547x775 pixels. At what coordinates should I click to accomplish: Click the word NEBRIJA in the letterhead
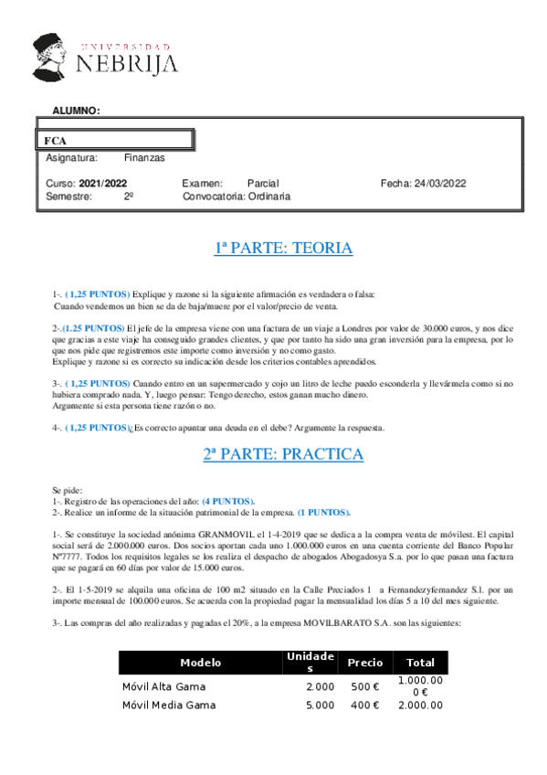coord(127,63)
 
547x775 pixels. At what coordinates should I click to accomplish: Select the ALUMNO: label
coord(76,111)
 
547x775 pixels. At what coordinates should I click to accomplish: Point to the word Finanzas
coord(144,158)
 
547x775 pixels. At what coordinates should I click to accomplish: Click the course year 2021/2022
coord(102,184)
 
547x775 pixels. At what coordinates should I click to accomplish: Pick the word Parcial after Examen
coord(263,184)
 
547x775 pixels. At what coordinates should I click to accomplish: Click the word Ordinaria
coord(269,196)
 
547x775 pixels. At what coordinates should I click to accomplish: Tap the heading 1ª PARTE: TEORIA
coord(283,248)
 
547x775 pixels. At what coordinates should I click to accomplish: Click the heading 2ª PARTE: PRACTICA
coord(283,454)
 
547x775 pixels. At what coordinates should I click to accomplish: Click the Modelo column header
coord(200,663)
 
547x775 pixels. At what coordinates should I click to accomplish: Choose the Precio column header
coord(365,663)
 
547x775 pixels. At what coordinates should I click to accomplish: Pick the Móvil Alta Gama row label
coord(163,686)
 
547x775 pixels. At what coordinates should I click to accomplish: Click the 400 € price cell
coord(365,705)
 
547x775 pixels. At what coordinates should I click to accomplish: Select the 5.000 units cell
coord(320,705)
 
